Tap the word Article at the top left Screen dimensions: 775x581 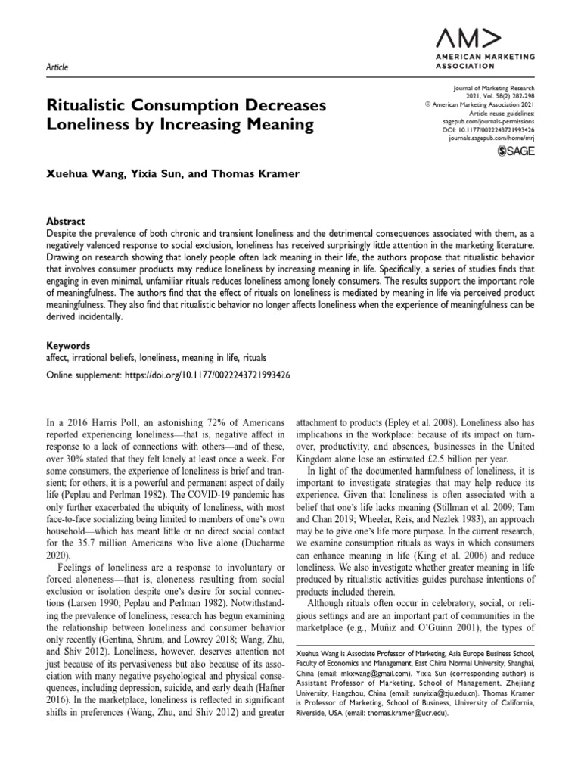[x=57, y=67]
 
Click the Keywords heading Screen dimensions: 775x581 [x=69, y=344]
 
